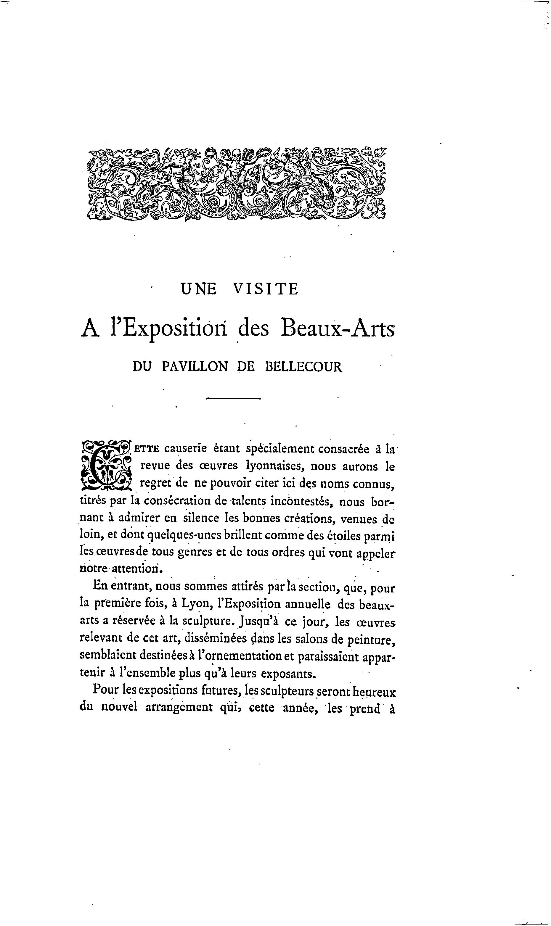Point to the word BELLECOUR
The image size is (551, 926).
coord(303,367)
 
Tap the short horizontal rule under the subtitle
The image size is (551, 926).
coord(233,399)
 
